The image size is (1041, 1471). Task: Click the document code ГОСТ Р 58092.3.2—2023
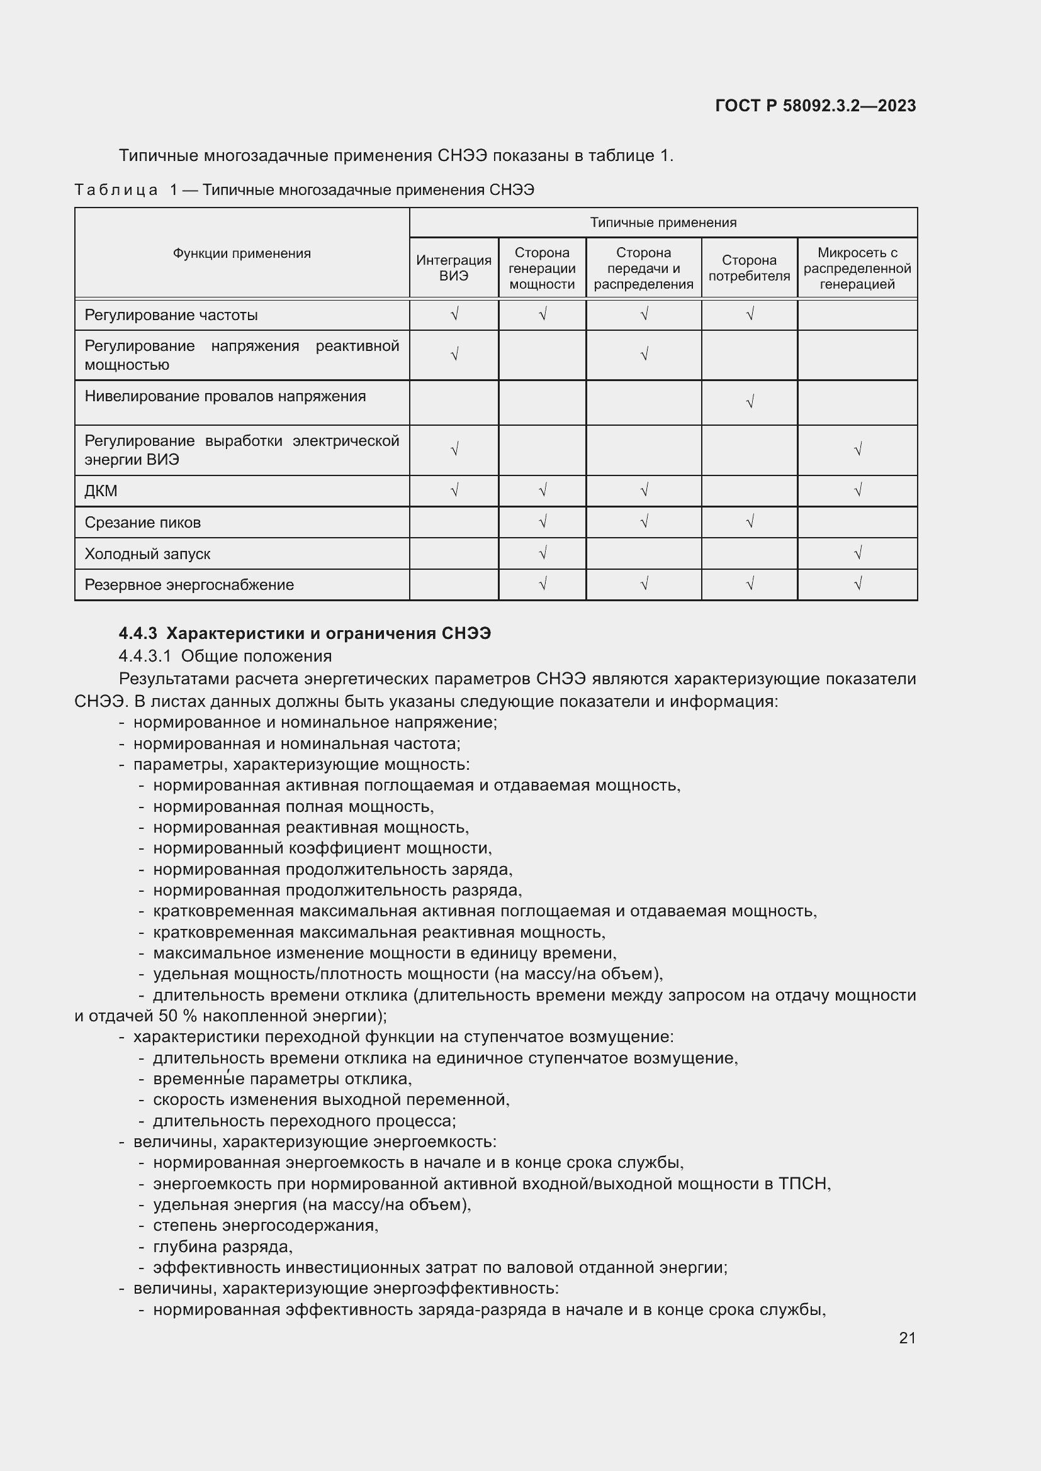point(814,106)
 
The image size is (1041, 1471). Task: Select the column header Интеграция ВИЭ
point(453,268)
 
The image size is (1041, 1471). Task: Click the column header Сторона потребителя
point(749,268)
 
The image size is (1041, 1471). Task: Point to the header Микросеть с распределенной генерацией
point(857,268)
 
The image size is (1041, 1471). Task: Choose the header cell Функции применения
point(242,253)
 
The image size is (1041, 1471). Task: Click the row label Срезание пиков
point(142,522)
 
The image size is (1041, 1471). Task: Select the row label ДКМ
point(101,491)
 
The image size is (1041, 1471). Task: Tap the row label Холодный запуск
point(147,553)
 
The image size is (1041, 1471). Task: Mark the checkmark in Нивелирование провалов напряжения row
point(750,402)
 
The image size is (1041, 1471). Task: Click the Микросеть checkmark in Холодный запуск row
point(858,552)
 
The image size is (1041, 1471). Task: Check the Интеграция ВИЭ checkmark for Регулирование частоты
point(454,314)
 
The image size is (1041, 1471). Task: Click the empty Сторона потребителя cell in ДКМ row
point(749,491)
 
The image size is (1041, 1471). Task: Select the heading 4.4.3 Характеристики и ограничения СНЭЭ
point(305,633)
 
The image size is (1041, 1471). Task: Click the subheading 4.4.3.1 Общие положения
point(225,655)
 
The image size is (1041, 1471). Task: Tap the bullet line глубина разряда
point(222,1246)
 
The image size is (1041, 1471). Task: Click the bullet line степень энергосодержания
point(266,1225)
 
